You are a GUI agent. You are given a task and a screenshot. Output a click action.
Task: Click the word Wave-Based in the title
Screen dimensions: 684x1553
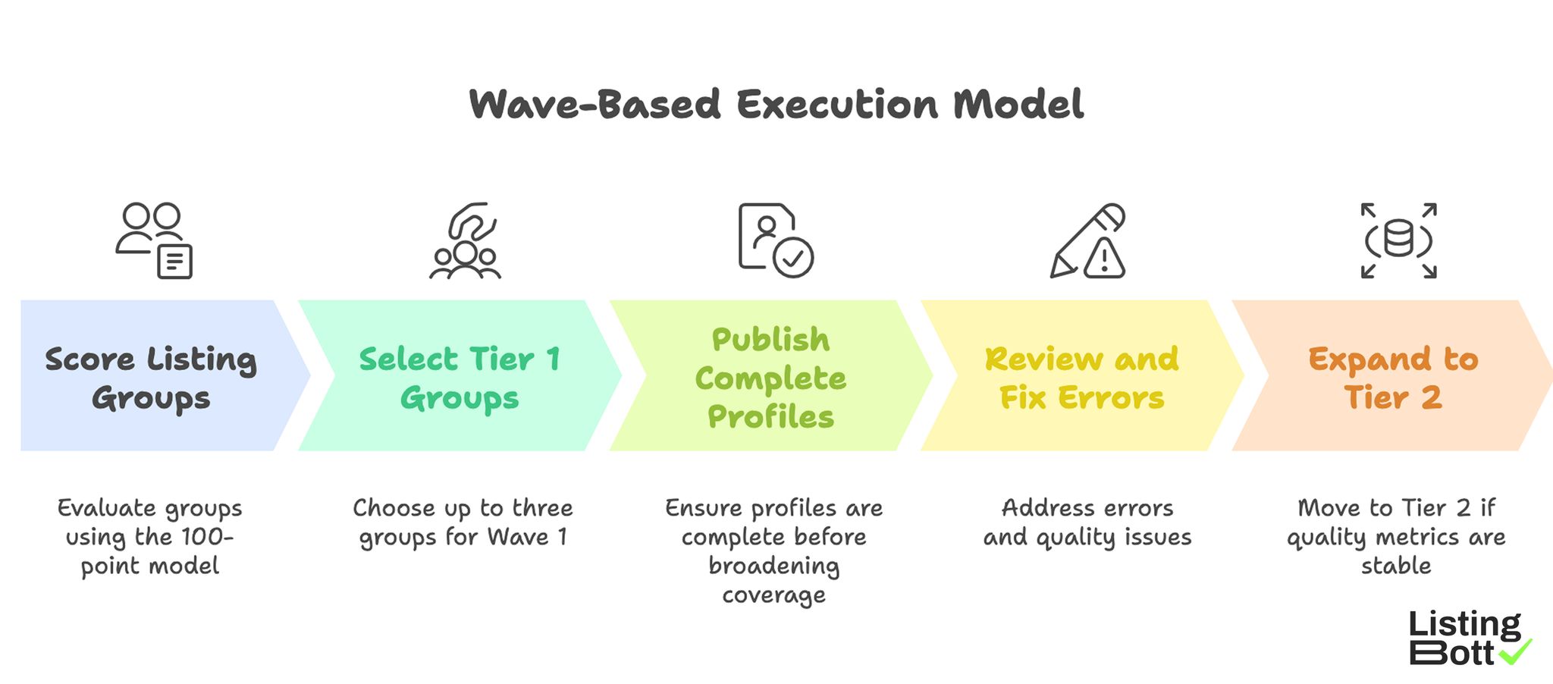click(x=595, y=104)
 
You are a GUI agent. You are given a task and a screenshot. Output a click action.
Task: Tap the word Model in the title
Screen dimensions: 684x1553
click(x=1018, y=104)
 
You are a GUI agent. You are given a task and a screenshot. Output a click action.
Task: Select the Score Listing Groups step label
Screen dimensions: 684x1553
click(x=151, y=378)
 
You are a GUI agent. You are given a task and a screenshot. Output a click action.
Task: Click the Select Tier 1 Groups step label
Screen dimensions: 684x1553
click(x=460, y=378)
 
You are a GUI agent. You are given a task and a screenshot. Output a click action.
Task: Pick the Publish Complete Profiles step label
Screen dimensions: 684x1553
click(x=770, y=378)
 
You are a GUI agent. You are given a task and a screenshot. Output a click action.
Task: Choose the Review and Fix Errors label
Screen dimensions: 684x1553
click(x=1081, y=378)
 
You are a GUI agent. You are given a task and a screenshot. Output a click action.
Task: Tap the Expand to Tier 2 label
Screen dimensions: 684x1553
click(x=1393, y=378)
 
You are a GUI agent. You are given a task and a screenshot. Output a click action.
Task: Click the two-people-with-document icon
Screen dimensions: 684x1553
click(x=154, y=240)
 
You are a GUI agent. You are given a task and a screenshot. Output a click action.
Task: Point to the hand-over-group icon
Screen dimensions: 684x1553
click(x=465, y=240)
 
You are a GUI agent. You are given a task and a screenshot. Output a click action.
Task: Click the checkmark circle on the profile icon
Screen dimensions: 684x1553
click(x=793, y=259)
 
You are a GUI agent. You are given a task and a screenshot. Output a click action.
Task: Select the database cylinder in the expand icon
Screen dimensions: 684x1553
click(x=1398, y=239)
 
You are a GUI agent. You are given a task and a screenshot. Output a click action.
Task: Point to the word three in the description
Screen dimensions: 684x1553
click(x=542, y=507)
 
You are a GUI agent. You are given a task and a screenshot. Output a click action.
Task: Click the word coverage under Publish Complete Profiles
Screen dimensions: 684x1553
click(x=773, y=595)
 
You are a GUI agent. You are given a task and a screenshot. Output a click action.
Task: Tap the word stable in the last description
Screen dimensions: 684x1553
click(x=1396, y=566)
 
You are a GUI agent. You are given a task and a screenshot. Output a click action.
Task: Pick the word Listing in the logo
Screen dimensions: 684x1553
click(x=1464, y=625)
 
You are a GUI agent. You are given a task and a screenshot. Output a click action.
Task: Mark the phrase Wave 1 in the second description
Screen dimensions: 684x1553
click(x=528, y=537)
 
